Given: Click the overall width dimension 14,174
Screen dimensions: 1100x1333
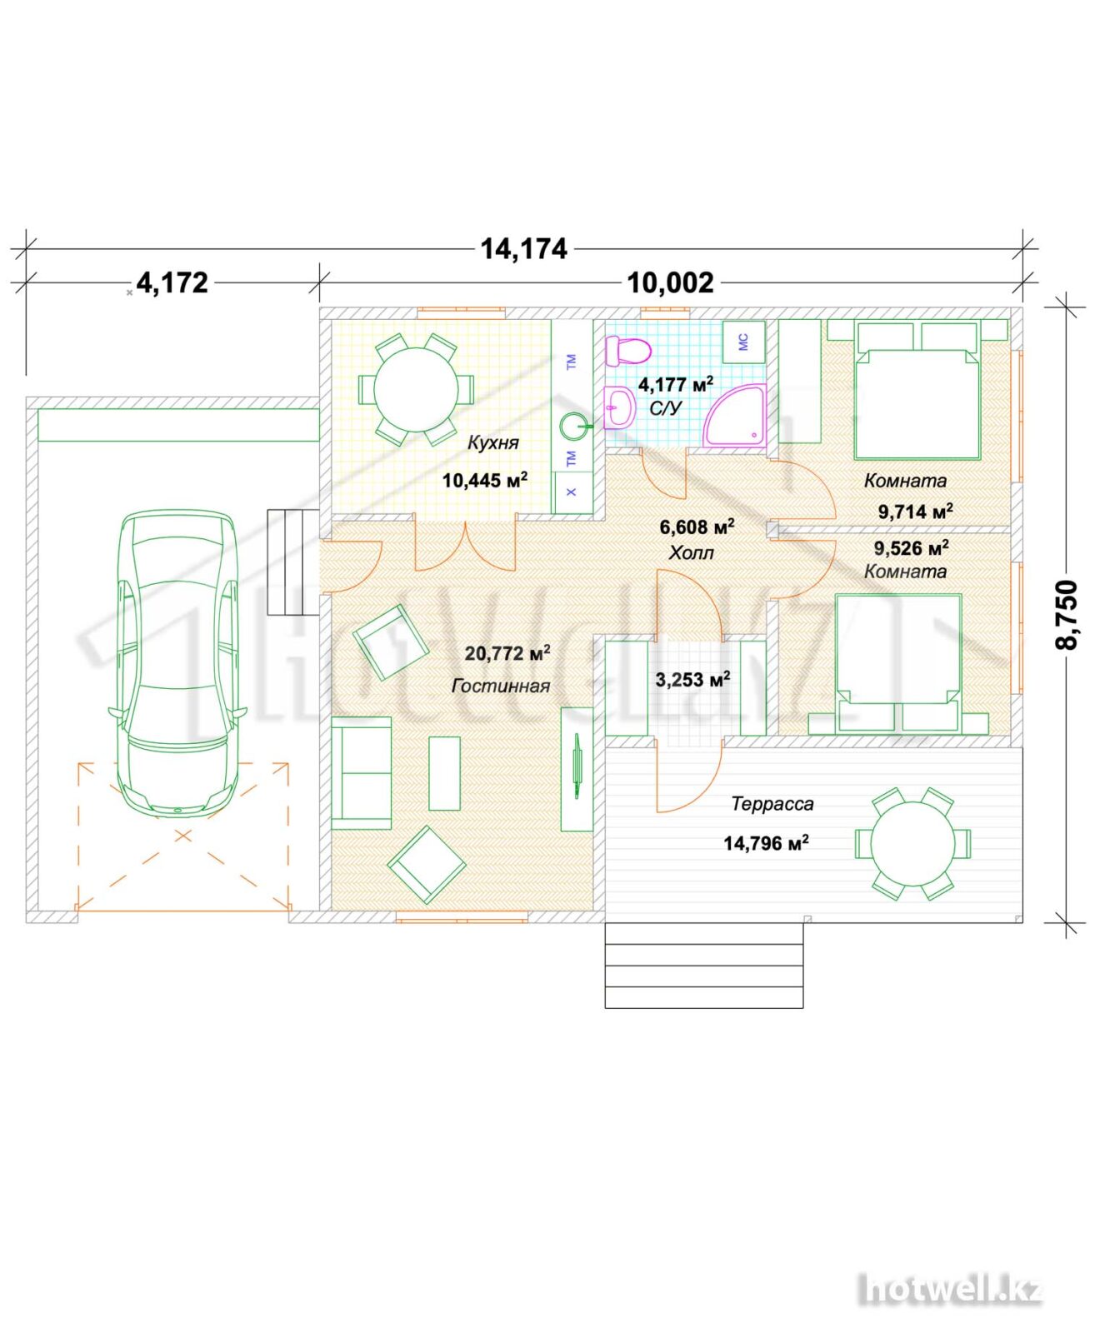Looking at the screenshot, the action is point(523,248).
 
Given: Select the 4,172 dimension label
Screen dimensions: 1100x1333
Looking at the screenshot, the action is point(172,282).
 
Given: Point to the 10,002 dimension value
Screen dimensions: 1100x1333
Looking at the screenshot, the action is point(670,283).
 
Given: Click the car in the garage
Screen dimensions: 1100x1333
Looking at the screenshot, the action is point(177,663).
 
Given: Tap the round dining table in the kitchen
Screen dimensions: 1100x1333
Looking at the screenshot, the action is point(415,389).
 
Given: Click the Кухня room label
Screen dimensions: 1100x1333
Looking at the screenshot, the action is point(492,442).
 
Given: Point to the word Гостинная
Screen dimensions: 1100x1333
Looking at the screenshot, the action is point(501,686).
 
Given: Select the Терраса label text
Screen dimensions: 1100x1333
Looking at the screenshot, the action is point(772,804).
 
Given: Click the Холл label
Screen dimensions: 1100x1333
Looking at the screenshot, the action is point(691,552).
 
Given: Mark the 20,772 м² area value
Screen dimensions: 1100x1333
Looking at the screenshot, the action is point(507,652).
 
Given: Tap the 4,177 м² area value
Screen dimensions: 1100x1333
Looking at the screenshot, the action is point(676,384).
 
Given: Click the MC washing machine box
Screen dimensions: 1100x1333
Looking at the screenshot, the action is point(743,342).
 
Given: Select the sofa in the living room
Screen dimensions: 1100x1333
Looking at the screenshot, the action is point(361,773).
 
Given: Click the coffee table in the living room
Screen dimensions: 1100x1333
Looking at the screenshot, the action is point(444,773).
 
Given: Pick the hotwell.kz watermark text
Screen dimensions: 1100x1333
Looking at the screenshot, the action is point(951,1290).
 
